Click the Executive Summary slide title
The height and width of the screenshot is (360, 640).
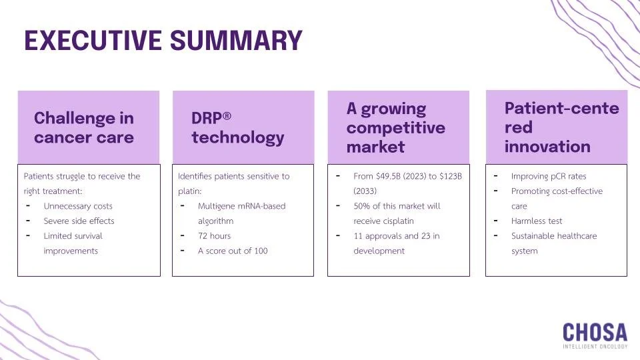[x=163, y=41]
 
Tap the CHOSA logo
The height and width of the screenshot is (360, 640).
[x=595, y=332]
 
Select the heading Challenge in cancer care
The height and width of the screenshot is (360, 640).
[x=84, y=128]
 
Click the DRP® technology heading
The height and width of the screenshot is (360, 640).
[x=237, y=128]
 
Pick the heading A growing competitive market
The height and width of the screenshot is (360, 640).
[x=395, y=127]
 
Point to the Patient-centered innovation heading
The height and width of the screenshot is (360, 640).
[x=561, y=127]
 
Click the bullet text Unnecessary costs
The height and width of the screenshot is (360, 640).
[x=78, y=206]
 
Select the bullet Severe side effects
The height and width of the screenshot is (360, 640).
[x=79, y=221]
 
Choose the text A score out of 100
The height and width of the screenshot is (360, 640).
[x=233, y=251]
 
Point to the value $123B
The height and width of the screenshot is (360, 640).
[x=450, y=177]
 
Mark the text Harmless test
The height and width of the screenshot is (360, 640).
[x=537, y=221]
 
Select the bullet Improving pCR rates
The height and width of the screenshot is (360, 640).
[x=549, y=177]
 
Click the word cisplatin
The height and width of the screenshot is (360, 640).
[x=399, y=221]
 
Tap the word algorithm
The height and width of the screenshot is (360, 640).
[x=216, y=221]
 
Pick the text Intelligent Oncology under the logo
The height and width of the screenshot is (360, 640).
[x=595, y=347]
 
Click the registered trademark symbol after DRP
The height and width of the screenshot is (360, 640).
[x=227, y=117]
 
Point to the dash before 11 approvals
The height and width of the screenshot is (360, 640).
[x=338, y=235]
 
